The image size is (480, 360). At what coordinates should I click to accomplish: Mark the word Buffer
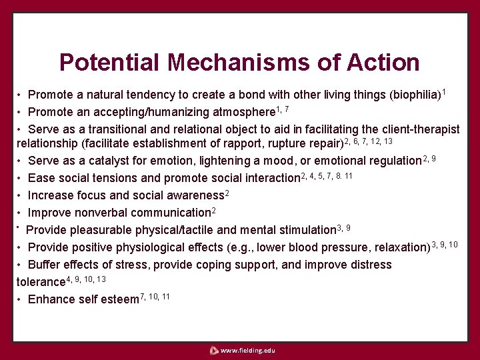(x=44, y=265)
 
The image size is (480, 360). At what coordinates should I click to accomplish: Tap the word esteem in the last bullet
(x=120, y=299)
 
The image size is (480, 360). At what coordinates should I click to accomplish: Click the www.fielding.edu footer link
(x=247, y=350)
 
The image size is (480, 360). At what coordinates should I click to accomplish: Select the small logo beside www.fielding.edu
(x=213, y=350)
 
